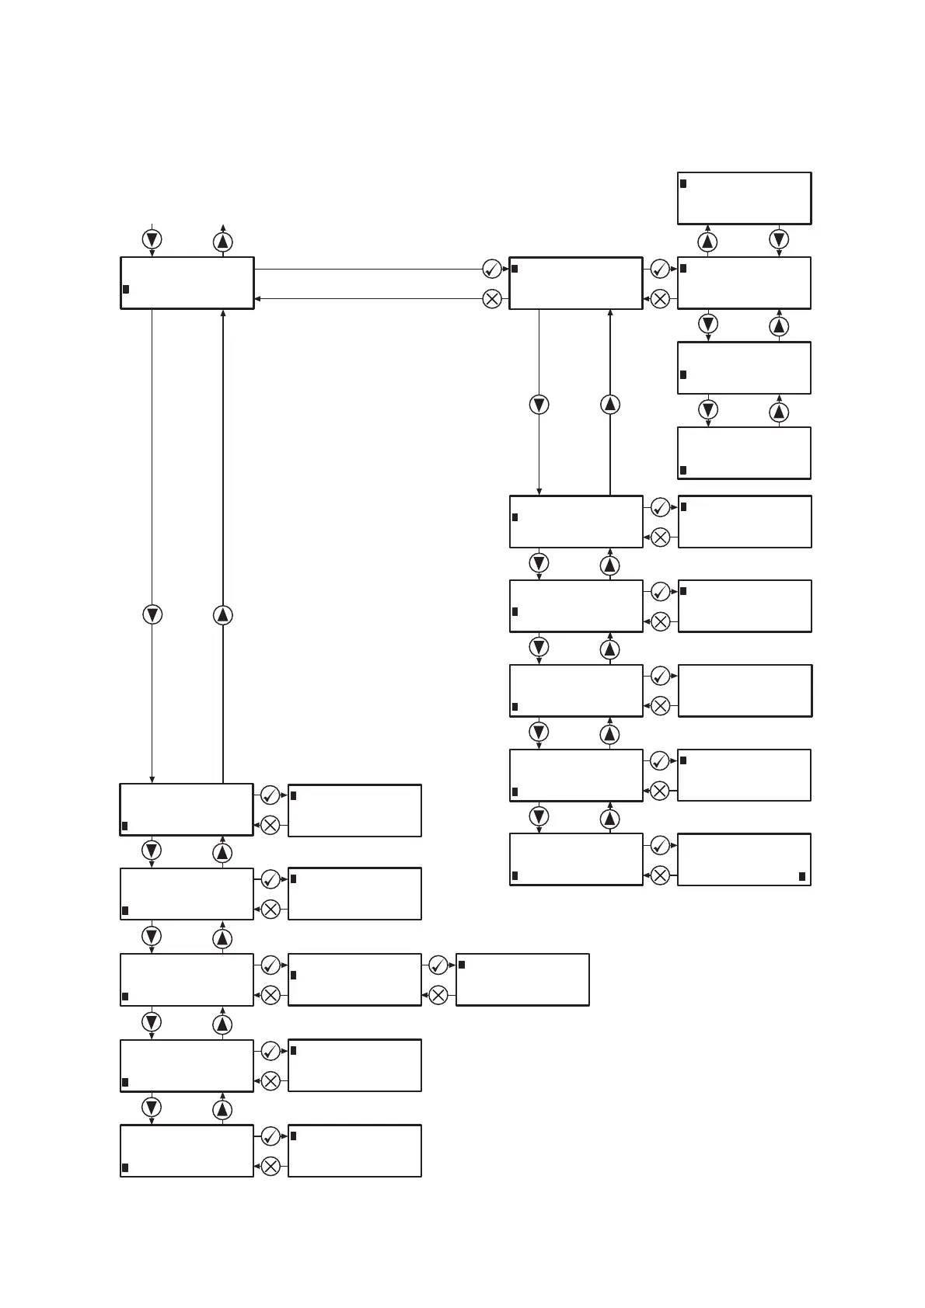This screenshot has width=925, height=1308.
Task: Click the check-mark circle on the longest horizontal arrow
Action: [492, 269]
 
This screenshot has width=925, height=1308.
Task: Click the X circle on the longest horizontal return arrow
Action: [492, 298]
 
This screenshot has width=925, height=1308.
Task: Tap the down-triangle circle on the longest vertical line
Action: [152, 614]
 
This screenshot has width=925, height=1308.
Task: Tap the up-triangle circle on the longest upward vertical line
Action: [223, 614]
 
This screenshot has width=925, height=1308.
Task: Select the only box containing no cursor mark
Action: [745, 691]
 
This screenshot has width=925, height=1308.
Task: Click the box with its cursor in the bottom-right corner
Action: [745, 859]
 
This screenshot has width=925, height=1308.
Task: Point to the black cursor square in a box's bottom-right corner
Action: [802, 876]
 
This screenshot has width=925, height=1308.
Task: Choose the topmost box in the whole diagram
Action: [745, 198]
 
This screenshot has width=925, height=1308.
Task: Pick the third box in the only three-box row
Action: [522, 979]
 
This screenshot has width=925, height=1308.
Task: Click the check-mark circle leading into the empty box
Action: [660, 676]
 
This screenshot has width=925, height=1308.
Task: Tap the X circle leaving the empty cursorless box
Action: [660, 705]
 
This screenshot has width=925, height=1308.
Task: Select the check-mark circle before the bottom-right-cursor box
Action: [660, 845]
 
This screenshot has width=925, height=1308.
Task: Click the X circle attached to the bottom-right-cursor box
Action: [660, 875]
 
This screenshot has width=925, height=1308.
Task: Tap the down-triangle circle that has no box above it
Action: [152, 238]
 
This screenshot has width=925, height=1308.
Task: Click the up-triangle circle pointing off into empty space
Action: [223, 242]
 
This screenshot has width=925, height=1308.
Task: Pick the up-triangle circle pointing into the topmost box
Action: [707, 242]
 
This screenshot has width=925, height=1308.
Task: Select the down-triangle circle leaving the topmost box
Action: [779, 238]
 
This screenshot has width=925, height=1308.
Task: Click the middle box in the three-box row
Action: [354, 979]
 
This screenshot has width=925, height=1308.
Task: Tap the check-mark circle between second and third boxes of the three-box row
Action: [438, 965]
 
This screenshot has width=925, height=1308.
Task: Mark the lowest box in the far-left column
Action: [187, 1150]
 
